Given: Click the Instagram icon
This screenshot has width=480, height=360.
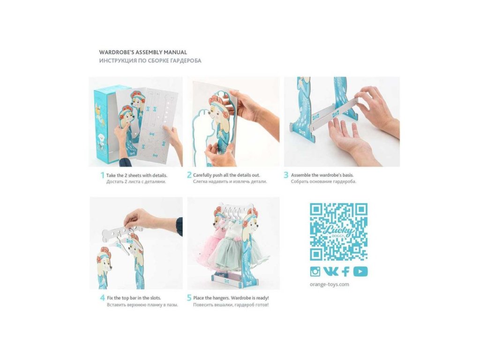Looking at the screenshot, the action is tap(315, 271).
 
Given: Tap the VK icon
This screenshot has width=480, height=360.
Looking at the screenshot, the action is tap(331, 271).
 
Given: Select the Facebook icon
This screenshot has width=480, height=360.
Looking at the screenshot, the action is tap(345, 271).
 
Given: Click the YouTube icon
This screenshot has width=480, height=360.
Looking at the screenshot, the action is tap(360, 271).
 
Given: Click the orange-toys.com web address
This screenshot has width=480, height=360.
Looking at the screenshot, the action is tap(329, 285).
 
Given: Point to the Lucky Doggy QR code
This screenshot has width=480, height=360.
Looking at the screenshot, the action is tap(338, 232).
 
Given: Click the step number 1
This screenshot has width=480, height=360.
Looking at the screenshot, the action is tap(103, 175).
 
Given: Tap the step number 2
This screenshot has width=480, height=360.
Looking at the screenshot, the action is tap(189, 175).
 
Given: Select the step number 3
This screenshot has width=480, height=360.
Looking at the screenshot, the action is tap(286, 175).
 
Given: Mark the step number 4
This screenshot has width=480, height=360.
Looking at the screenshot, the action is tap(103, 298).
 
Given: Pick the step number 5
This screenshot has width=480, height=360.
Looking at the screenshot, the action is tap(189, 298).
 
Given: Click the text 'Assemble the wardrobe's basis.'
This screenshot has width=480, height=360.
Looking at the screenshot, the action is tap(322, 175).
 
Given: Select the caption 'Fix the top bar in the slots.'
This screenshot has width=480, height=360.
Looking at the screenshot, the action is tap(134, 298).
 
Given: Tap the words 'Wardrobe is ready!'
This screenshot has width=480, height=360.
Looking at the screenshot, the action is tap(250, 298).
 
